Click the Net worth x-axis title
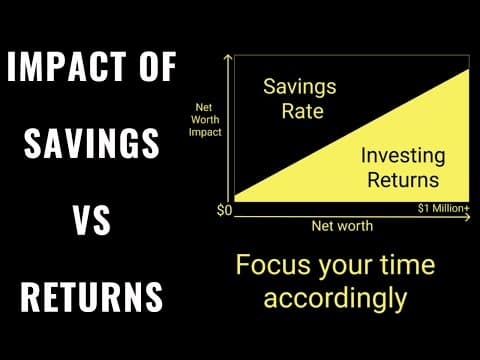point(341,226)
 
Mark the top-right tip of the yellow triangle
point(463,67)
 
